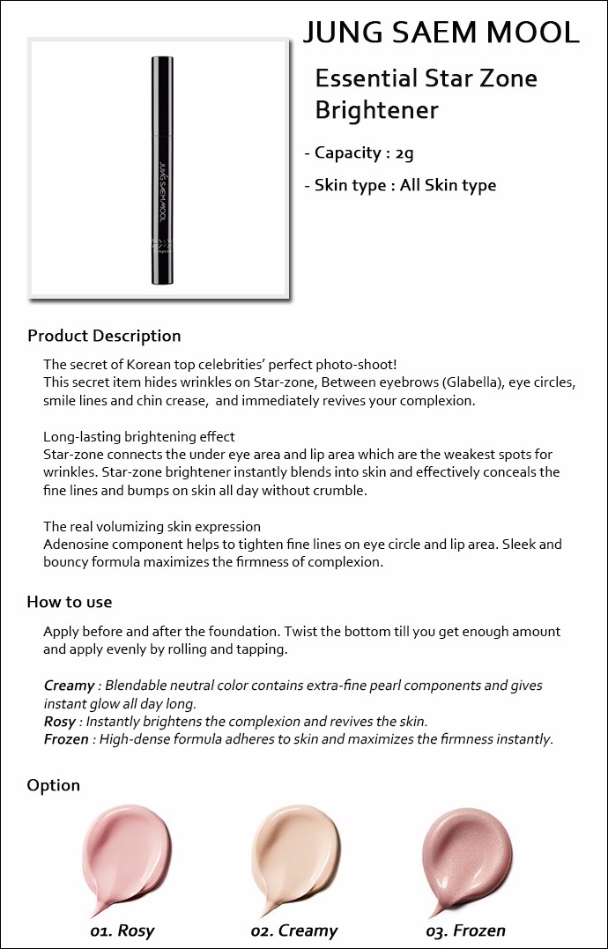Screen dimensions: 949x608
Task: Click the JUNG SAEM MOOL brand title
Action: pyautogui.click(x=441, y=33)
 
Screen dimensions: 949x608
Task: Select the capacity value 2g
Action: pyautogui.click(x=404, y=153)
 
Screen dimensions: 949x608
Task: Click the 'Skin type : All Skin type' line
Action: pyautogui.click(x=405, y=185)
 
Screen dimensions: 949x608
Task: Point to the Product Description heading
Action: pyautogui.click(x=104, y=336)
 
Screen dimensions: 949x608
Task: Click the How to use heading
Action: pyautogui.click(x=70, y=602)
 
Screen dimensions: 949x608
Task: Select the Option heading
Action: pyautogui.click(x=53, y=785)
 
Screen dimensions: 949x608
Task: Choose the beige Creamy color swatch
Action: pyautogui.click(x=294, y=855)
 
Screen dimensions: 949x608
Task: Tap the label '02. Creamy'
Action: pyautogui.click(x=294, y=930)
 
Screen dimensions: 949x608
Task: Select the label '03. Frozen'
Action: pyautogui.click(x=465, y=930)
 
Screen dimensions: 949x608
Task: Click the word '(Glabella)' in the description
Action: pyautogui.click(x=474, y=383)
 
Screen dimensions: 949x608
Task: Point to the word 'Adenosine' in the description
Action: pyautogui.click(x=76, y=545)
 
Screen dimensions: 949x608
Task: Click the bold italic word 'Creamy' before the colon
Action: pyautogui.click(x=69, y=686)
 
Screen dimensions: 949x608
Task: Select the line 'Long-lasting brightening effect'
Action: pyautogui.click(x=139, y=437)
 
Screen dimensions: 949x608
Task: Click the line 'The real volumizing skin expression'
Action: pyautogui.click(x=152, y=527)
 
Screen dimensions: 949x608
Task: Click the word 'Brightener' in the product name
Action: pyautogui.click(x=376, y=111)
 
